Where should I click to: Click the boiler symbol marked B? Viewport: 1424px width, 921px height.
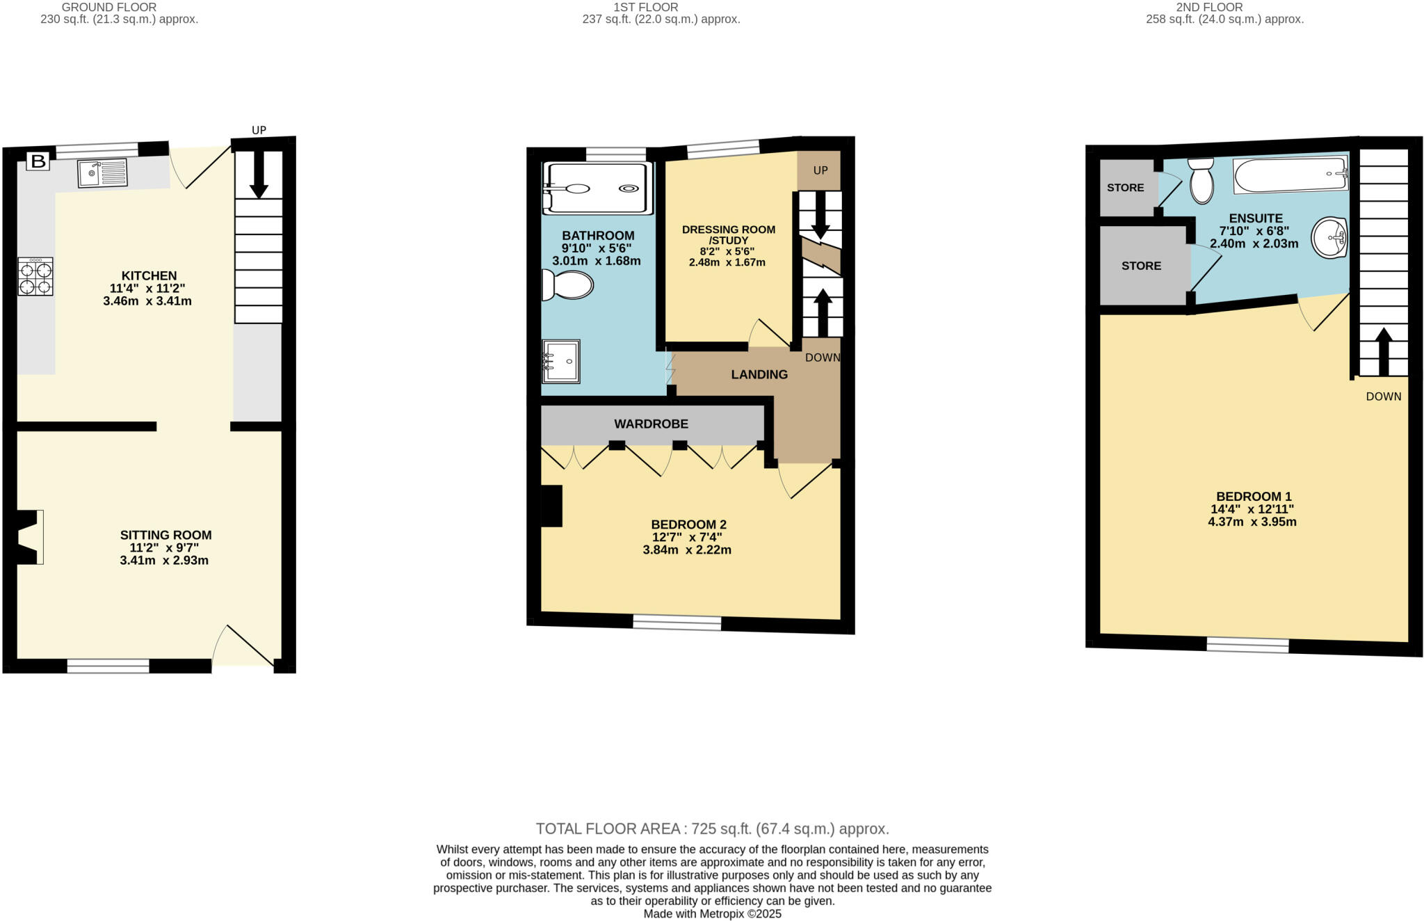coord(38,162)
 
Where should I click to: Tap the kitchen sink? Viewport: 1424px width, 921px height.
coord(102,173)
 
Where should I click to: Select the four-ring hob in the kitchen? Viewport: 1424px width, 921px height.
coord(35,277)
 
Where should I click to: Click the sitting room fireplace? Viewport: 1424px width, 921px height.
coord(29,537)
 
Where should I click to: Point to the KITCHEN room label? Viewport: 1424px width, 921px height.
coord(149,276)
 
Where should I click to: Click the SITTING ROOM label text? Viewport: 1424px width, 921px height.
coord(165,535)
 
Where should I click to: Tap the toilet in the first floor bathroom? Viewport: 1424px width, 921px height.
coord(568,285)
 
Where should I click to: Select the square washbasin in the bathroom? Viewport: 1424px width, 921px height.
coord(561,362)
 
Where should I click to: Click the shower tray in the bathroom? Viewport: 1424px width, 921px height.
coord(598,189)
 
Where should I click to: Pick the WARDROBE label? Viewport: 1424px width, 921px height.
coord(651,424)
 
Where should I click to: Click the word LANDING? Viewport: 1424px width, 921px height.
coord(759,374)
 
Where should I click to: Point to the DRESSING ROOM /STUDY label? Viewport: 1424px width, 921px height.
coord(728,234)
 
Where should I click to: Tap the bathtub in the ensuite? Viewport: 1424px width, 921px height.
coord(1290,175)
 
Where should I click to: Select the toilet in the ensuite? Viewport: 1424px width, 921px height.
coord(1201,181)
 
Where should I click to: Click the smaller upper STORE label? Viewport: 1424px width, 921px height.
coord(1125,188)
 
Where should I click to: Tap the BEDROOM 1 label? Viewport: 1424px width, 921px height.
coord(1254,497)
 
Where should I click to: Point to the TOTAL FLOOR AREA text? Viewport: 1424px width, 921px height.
coord(712,828)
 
